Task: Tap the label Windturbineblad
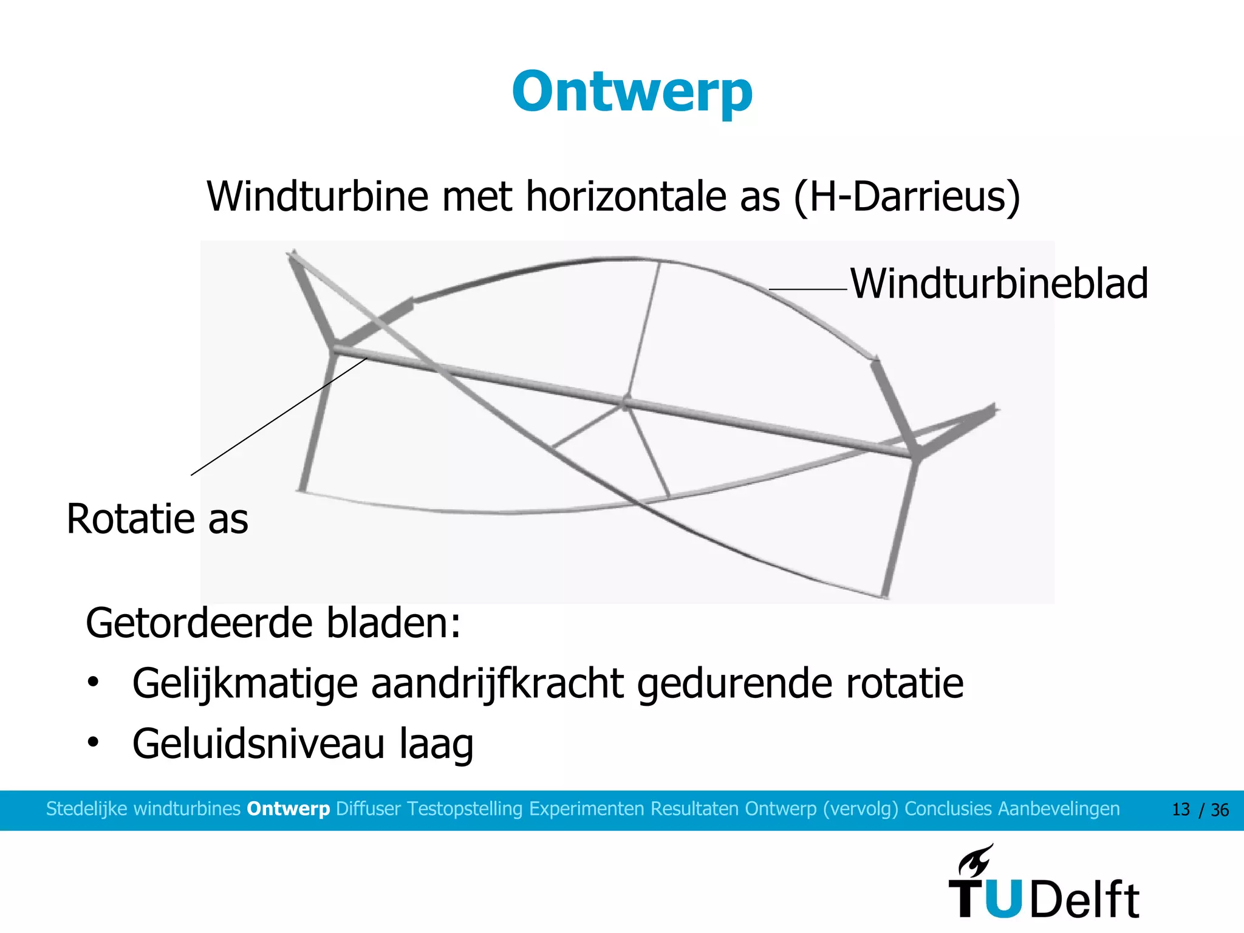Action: [999, 284]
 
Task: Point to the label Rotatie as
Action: [157, 519]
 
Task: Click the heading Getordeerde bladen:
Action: [273, 623]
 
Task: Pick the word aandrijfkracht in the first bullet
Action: [497, 683]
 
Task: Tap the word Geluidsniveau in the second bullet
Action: [258, 743]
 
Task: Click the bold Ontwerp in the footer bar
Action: [288, 809]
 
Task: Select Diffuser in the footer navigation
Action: [368, 809]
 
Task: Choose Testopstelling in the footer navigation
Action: [465, 809]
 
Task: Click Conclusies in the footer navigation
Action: [948, 809]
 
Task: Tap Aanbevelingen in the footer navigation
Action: [1059, 809]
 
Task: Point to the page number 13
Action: [1180, 810]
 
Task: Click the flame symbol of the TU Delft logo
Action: [976, 860]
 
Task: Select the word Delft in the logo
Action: [1084, 900]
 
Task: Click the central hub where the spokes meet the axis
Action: [626, 403]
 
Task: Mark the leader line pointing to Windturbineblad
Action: [808, 290]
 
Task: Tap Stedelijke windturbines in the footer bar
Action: [143, 809]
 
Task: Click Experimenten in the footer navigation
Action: [587, 809]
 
